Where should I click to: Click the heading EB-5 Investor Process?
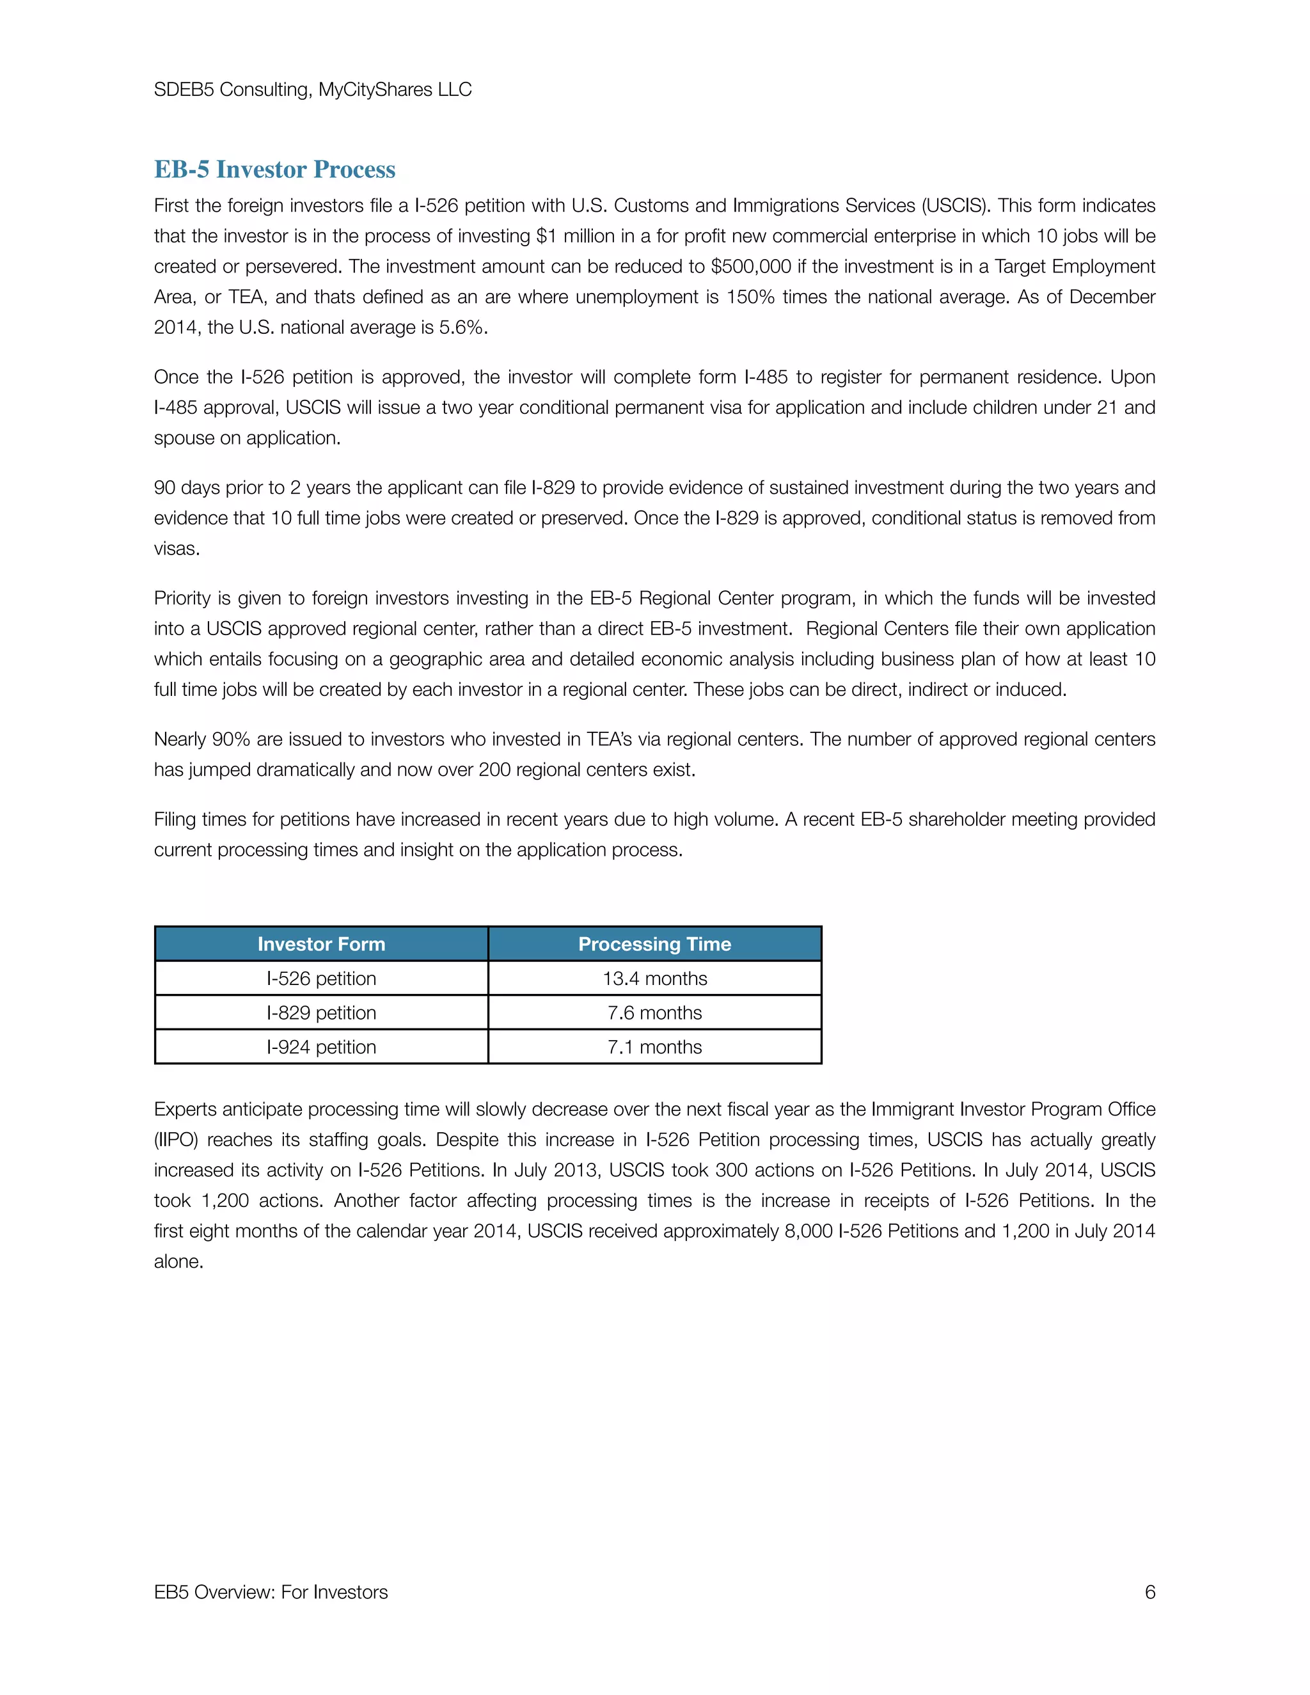coord(274,169)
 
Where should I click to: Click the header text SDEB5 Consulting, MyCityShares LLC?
coord(313,90)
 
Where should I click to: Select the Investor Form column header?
coord(321,943)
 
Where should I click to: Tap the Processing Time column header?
coord(654,943)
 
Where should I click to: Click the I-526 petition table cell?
coord(321,979)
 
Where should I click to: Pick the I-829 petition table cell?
coord(321,1013)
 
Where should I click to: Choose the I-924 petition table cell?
coord(321,1047)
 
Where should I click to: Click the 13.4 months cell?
coord(654,979)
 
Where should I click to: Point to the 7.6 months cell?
coord(654,1013)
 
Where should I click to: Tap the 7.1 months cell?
coord(654,1047)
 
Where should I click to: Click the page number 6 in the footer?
coord(1149,1592)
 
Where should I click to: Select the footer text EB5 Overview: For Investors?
coord(271,1592)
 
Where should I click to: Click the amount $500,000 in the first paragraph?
coord(750,267)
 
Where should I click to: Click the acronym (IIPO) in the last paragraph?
coord(175,1139)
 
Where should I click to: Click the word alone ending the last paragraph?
coord(178,1261)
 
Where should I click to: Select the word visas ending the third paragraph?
coord(176,549)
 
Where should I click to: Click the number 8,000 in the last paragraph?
coord(808,1231)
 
